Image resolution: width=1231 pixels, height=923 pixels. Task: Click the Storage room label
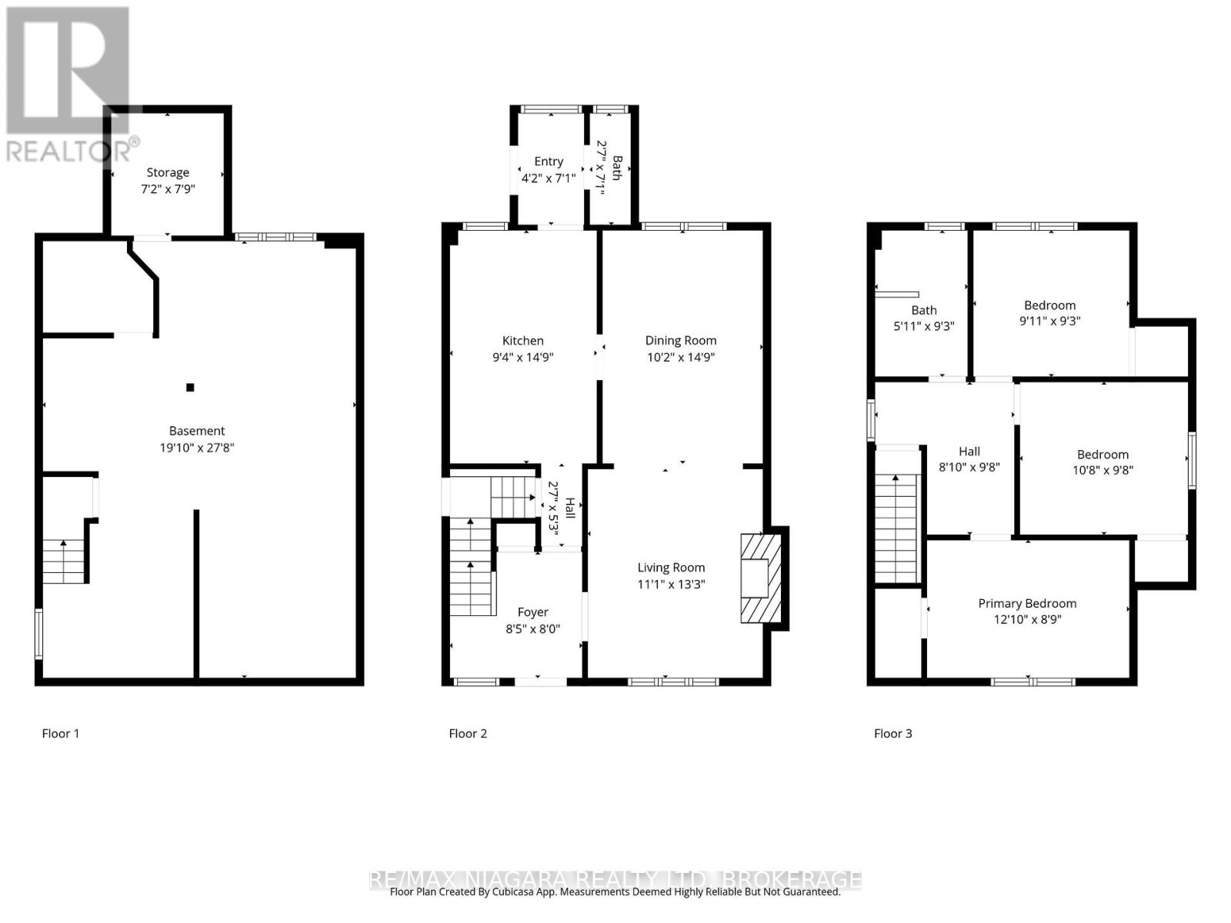[168, 172]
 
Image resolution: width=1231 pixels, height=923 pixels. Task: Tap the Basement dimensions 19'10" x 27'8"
[197, 448]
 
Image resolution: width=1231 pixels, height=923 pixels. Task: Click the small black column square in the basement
[190, 388]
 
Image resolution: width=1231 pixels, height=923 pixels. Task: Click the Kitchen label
[522, 341]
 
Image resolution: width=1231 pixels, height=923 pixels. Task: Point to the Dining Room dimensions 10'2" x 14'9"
[680, 357]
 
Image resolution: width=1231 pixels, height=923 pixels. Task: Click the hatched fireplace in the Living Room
[760, 578]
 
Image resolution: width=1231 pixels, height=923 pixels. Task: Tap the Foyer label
[532, 612]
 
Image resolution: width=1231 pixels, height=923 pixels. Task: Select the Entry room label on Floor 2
[549, 162]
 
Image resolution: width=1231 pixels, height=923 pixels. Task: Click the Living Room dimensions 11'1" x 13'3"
[671, 584]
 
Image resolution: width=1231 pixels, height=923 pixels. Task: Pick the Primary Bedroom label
[1027, 604]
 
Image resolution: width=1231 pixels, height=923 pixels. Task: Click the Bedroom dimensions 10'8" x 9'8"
[1103, 470]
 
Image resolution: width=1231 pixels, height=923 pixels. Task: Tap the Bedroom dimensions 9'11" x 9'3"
[1049, 321]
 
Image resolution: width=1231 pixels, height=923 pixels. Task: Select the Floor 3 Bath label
[924, 310]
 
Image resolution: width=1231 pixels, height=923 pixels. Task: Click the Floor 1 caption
[61, 733]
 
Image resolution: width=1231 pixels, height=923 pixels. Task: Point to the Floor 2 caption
[468, 733]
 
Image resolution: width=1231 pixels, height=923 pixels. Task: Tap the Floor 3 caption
[892, 733]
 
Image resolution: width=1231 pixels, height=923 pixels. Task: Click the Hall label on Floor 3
[969, 452]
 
